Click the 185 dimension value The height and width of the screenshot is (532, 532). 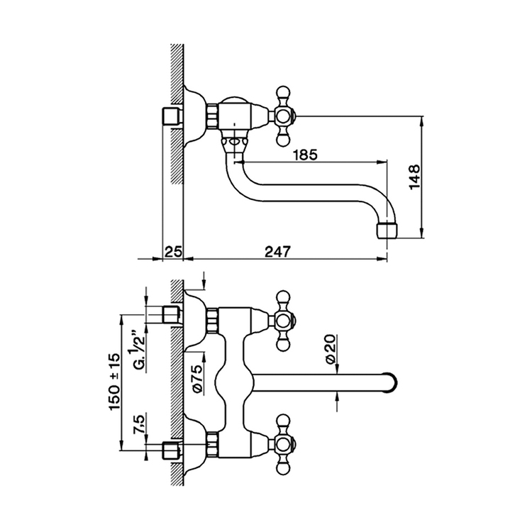(303, 153)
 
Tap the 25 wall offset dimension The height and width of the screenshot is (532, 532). (173, 250)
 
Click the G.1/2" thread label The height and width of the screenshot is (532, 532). (137, 350)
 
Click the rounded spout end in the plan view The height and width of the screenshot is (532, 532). (389, 382)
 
